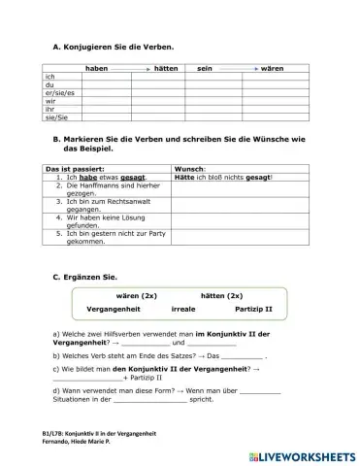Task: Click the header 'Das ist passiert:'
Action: pyautogui.click(x=75, y=169)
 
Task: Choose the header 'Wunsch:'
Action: pyautogui.click(x=190, y=169)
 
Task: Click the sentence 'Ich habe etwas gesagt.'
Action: pyautogui.click(x=101, y=178)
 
